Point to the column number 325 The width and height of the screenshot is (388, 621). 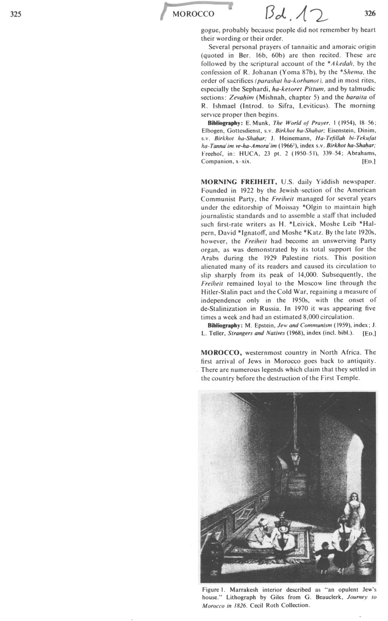pyautogui.click(x=15, y=14)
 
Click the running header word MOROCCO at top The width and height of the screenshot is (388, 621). pyautogui.click(x=193, y=14)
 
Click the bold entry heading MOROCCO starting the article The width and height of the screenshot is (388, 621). pyautogui.click(x=219, y=352)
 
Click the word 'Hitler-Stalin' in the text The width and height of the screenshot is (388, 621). pyautogui.click(x=223, y=291)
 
